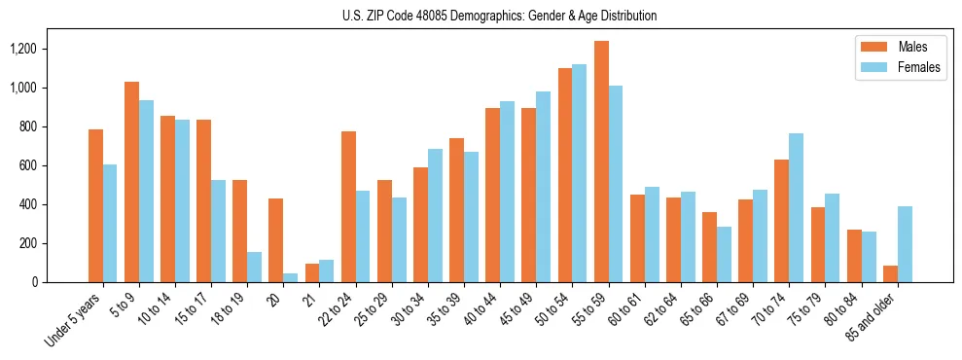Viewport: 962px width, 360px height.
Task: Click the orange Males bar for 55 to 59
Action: [x=601, y=162]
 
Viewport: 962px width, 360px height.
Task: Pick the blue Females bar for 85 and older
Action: [x=905, y=244]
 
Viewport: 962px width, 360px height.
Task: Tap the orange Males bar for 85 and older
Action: [x=890, y=274]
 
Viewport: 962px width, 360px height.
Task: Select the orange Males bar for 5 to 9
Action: [x=132, y=182]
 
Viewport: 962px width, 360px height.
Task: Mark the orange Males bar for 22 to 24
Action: [x=348, y=207]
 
